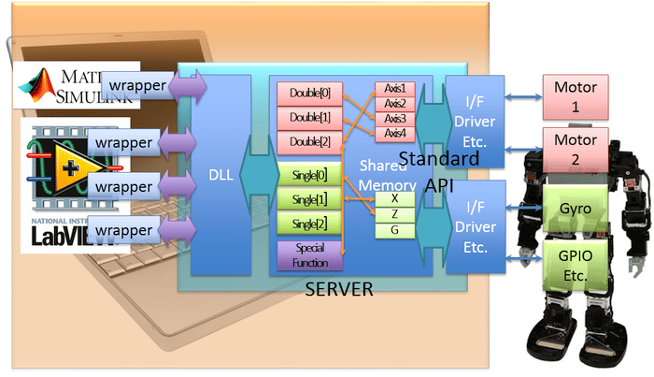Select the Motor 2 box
pyautogui.click(x=576, y=150)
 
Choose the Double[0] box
pyautogui.click(x=305, y=94)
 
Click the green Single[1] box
pyautogui.click(x=305, y=200)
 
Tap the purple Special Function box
pyautogui.click(x=305, y=255)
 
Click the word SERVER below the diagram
pyautogui.click(x=339, y=290)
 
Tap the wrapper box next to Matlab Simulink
pyautogui.click(x=134, y=87)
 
